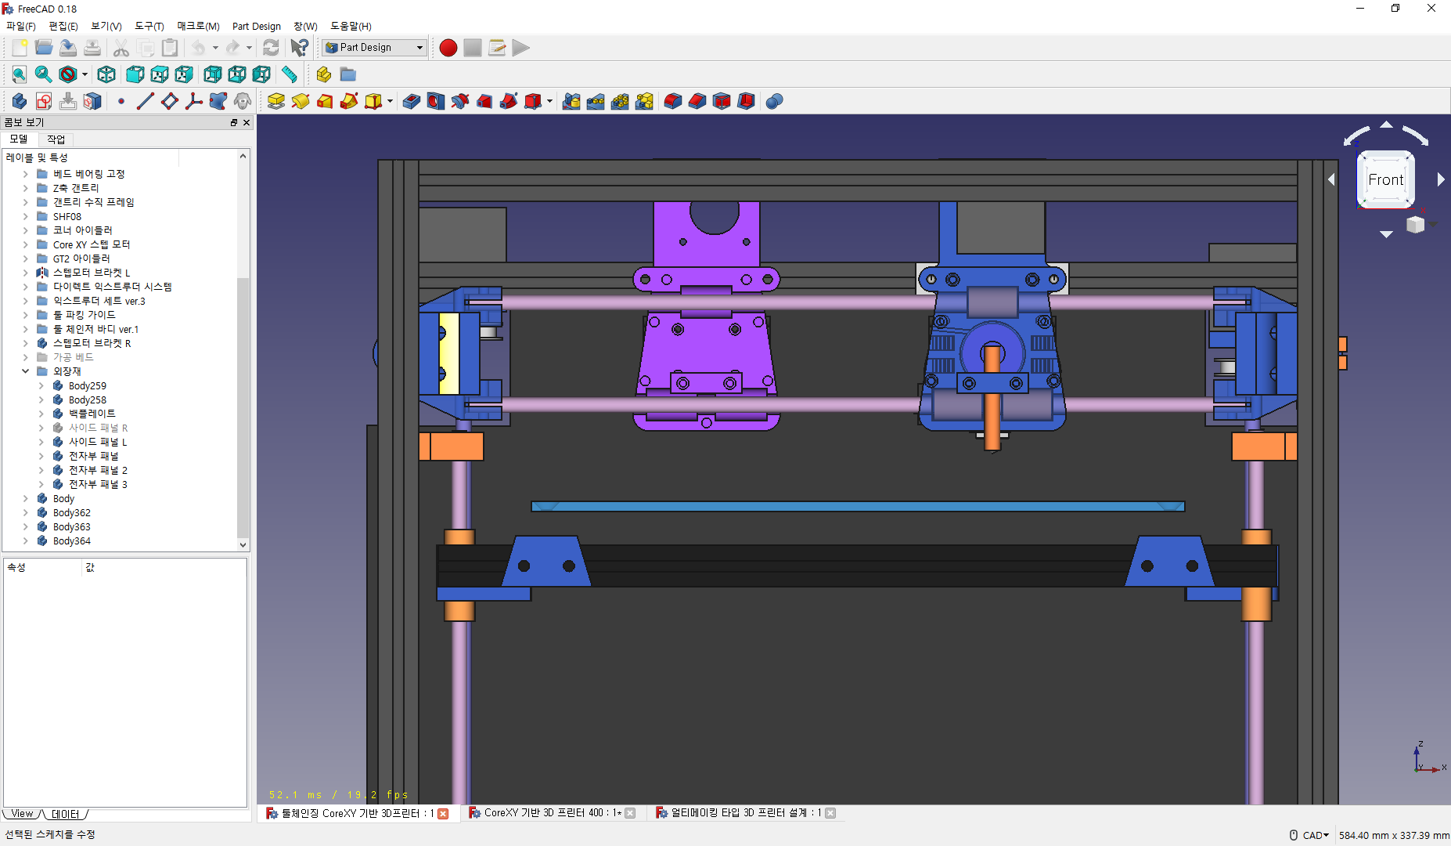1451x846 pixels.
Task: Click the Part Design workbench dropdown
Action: (375, 48)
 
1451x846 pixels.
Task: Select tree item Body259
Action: (87, 385)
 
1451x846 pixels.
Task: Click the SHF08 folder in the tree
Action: (67, 216)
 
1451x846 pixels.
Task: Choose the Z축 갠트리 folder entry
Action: (75, 188)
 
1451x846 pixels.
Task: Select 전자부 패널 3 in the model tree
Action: (97, 484)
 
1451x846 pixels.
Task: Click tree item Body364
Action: (71, 540)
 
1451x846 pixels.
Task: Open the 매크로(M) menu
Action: (198, 26)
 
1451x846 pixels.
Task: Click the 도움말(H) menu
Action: (351, 26)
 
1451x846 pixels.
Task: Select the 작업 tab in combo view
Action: (56, 139)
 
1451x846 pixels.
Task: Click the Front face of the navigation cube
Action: (1385, 179)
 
